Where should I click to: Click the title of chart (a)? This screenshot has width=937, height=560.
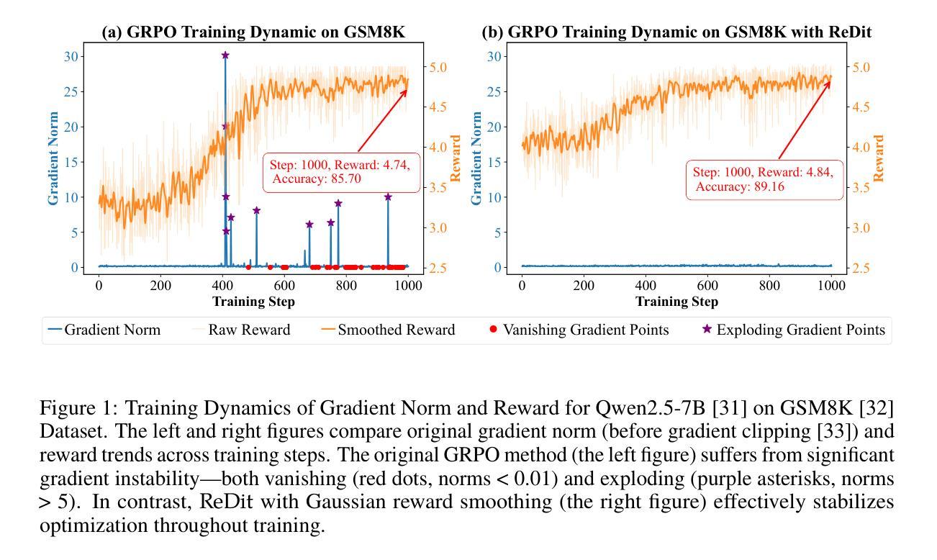coord(253,33)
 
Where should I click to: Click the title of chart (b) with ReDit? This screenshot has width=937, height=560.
coord(676,33)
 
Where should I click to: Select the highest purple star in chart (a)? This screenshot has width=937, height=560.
coord(225,55)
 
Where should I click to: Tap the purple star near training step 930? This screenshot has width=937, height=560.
coord(388,197)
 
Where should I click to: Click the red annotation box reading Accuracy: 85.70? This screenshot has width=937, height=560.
coord(340,172)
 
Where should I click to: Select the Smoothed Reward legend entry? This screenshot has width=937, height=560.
coord(389,330)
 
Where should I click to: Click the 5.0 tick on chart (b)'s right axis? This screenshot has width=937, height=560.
coord(861,68)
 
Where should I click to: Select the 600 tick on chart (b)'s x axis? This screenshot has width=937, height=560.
coord(707,285)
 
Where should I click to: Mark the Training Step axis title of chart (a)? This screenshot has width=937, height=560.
coord(253,302)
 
